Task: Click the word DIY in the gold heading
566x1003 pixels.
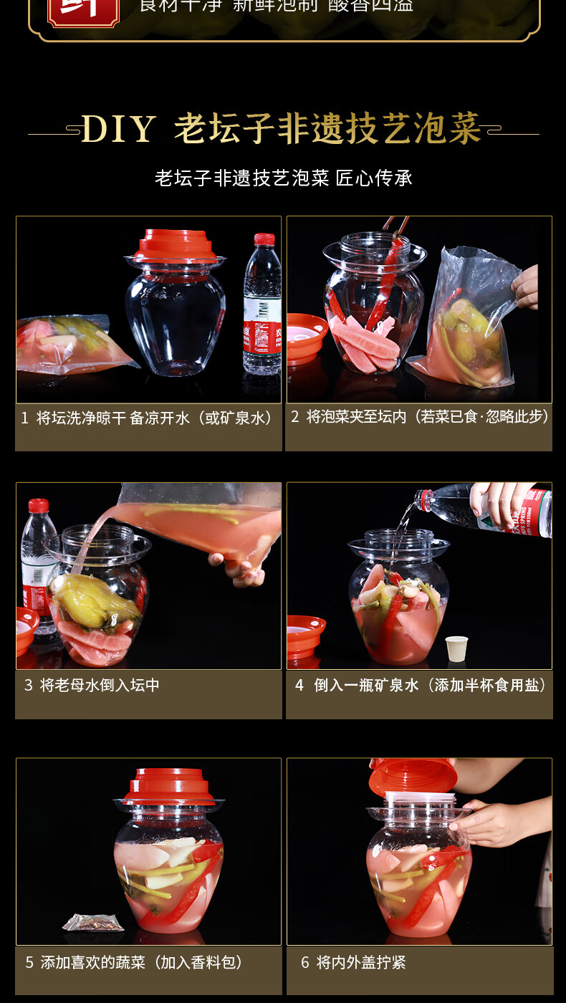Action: tap(118, 130)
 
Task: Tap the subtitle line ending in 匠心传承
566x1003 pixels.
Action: tap(284, 178)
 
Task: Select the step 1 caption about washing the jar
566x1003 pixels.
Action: tap(148, 418)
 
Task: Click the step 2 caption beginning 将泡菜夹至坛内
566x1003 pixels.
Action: tap(420, 416)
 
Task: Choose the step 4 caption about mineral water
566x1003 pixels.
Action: tap(421, 685)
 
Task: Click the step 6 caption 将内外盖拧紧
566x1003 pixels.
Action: tap(354, 962)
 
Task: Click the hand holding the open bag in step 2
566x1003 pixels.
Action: tap(527, 286)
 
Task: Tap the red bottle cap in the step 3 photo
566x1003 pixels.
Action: tap(38, 505)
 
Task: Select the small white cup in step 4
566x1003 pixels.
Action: tap(456, 648)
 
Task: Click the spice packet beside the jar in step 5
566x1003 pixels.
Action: tap(92, 921)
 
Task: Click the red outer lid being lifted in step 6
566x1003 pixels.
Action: tap(413, 774)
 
